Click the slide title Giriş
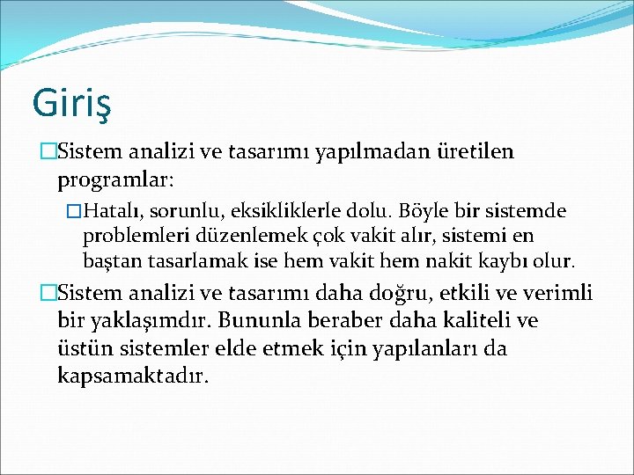pyautogui.click(x=70, y=102)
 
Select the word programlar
pyautogui.click(x=115, y=180)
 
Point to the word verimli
pyautogui.click(x=559, y=293)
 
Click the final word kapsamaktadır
pyautogui.click(x=132, y=376)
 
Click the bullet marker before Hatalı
pyautogui.click(x=74, y=212)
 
